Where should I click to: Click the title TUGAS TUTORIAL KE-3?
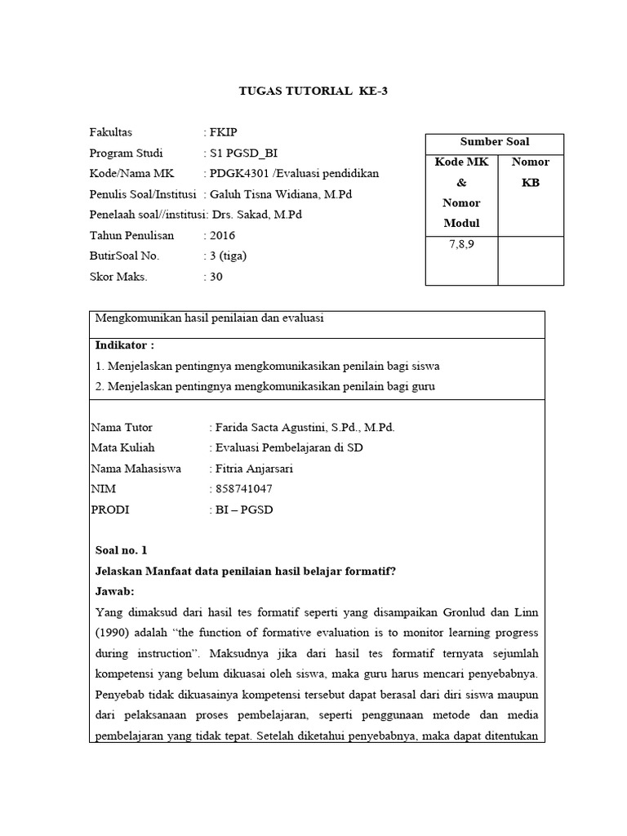click(313, 91)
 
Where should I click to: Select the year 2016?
click(223, 235)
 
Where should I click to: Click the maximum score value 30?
click(216, 276)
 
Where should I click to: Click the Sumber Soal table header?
click(495, 142)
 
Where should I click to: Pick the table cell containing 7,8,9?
click(461, 245)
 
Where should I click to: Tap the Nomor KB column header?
click(531, 172)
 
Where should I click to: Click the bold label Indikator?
click(125, 345)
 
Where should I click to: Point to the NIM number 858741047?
click(244, 488)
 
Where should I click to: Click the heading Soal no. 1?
click(122, 550)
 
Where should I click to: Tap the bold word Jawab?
click(114, 591)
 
